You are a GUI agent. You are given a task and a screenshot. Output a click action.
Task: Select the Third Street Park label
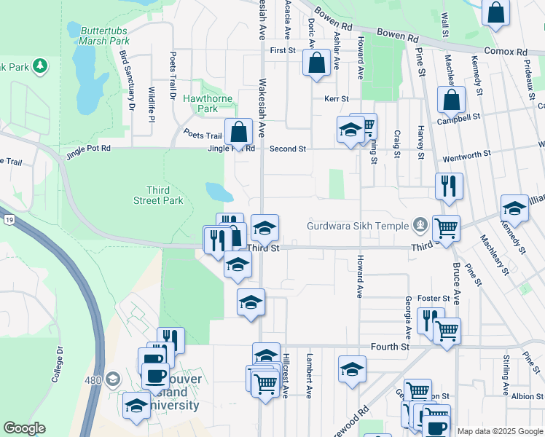coord(158,195)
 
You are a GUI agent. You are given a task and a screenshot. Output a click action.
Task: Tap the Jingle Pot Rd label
coord(87,149)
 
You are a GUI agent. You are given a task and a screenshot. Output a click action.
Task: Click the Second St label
coord(287,149)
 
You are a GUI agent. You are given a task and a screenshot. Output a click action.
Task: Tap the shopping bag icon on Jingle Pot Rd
coord(238,132)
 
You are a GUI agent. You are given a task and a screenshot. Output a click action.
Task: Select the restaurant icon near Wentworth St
coord(449,186)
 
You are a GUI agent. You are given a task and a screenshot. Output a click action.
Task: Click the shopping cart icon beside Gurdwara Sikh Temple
coord(446,227)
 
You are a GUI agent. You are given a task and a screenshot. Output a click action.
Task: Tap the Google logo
coord(25,428)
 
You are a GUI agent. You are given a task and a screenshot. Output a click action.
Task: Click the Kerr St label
coord(341,99)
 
